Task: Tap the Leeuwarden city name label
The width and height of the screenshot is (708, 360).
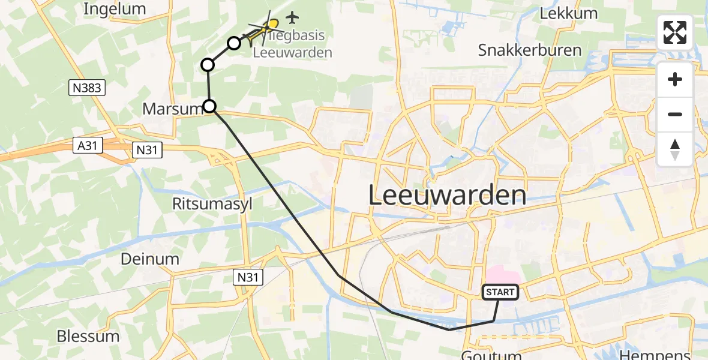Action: coord(447,196)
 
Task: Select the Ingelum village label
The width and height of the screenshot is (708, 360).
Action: coord(115,9)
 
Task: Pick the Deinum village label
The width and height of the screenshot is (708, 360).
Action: coord(150,259)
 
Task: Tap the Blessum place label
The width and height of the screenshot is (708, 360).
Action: coord(88,336)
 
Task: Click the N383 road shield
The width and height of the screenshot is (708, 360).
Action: coord(87,88)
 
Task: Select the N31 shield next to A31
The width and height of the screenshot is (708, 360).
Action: coord(146,150)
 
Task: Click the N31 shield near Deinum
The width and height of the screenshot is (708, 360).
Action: coord(247,277)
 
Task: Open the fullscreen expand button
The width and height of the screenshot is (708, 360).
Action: coord(675,32)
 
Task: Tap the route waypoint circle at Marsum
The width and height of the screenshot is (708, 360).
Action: coord(209,107)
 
